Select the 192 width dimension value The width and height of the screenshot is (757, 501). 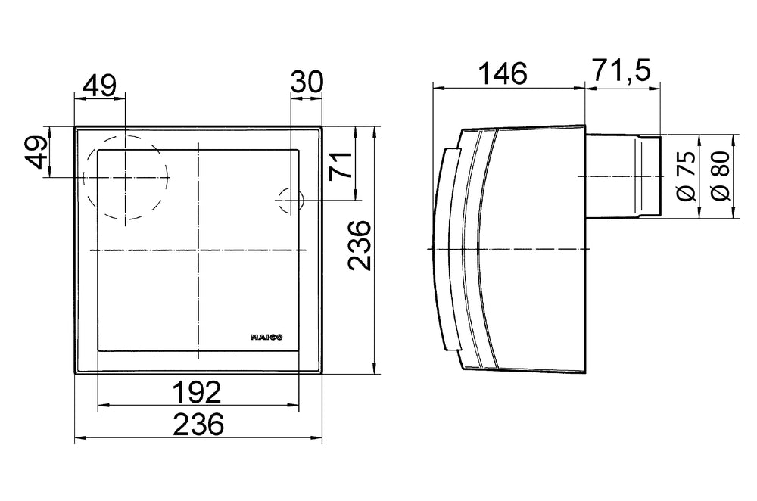coord(197,391)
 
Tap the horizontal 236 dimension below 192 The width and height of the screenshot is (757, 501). coord(198,425)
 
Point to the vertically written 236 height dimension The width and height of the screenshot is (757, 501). coord(360,247)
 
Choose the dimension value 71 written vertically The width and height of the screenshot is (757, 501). coord(340,166)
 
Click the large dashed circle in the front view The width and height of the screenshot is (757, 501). coord(124,177)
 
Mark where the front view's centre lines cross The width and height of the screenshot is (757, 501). coord(198,250)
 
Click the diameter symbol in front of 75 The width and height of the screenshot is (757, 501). coord(685,194)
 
